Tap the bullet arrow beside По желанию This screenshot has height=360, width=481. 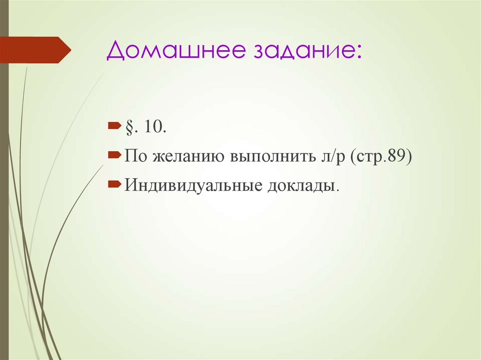coord(115,154)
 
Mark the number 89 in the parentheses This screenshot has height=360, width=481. coord(400,156)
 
